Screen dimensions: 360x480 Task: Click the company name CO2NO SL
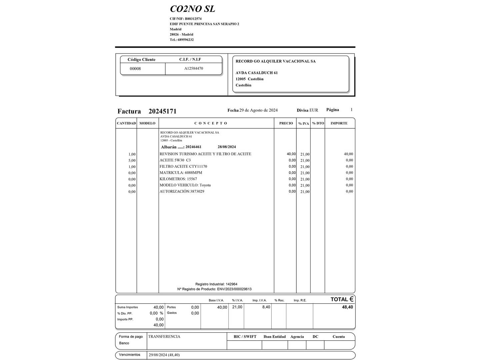point(192,9)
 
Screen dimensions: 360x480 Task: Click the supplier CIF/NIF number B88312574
point(193,19)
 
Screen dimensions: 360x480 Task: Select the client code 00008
point(135,69)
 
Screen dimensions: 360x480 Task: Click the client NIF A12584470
point(194,68)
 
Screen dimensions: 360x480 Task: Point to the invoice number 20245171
point(162,111)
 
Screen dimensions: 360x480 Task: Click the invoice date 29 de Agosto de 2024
point(258,110)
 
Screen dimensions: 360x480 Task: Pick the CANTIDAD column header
point(126,123)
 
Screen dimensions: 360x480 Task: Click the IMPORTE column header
point(339,123)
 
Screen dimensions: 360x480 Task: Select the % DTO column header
point(318,123)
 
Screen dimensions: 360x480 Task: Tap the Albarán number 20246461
point(193,147)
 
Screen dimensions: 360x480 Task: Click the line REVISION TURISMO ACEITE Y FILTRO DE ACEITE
point(205,154)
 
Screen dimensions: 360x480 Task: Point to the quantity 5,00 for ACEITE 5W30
point(132,160)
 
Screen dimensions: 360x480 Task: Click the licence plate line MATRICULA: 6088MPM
point(181,173)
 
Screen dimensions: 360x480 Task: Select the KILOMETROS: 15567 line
point(178,179)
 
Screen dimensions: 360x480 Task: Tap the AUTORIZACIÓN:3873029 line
point(182,191)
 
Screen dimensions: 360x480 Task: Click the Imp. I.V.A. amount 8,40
point(266,307)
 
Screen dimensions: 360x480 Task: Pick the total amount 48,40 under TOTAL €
point(347,307)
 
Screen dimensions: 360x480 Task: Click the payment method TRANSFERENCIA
point(164,337)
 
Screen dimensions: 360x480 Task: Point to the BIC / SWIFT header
point(245,337)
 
